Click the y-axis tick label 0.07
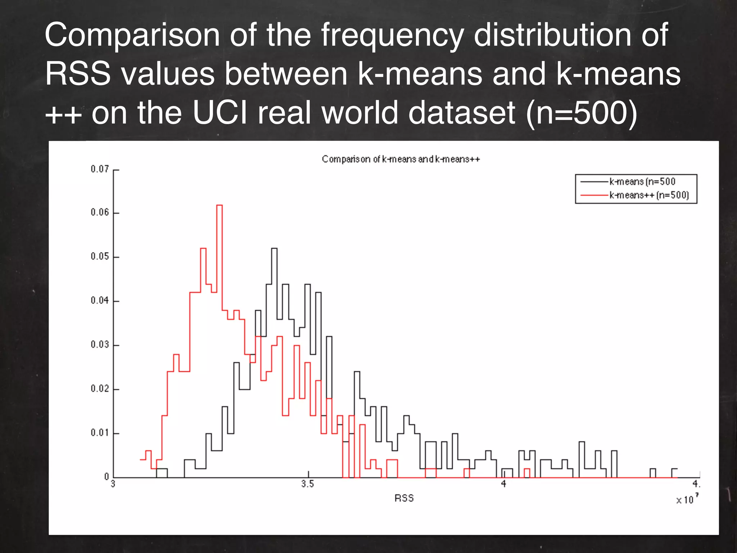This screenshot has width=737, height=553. [x=100, y=169]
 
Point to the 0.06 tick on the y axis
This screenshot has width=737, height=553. [x=100, y=212]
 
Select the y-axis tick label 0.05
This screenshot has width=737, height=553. [x=100, y=256]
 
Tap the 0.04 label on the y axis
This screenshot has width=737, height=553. [x=100, y=300]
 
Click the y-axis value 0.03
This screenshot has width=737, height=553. [x=100, y=345]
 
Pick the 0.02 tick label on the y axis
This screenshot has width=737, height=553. [x=100, y=389]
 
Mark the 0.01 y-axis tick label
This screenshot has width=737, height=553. [x=100, y=432]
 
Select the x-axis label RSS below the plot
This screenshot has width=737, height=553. [x=404, y=498]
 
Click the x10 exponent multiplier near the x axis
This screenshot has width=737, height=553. [x=687, y=499]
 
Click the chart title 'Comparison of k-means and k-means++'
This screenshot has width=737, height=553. [x=401, y=159]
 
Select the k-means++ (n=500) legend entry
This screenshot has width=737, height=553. [x=649, y=195]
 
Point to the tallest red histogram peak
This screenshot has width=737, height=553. [x=219, y=206]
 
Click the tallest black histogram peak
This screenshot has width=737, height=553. [x=274, y=249]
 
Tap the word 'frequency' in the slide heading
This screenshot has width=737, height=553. [x=392, y=35]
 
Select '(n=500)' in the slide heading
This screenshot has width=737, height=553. [x=582, y=113]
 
